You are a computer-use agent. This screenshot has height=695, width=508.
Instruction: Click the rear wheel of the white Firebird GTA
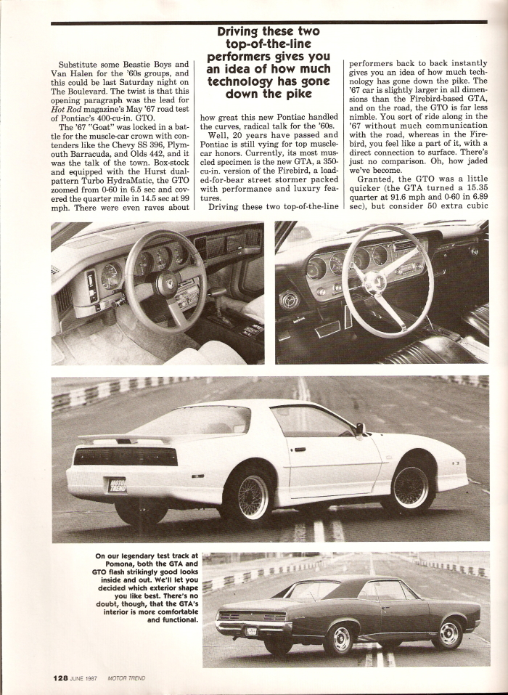pos(249,497)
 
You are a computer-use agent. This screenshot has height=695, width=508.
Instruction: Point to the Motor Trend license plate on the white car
pos(117,484)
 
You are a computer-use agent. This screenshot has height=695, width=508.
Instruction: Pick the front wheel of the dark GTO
pos(448,633)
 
